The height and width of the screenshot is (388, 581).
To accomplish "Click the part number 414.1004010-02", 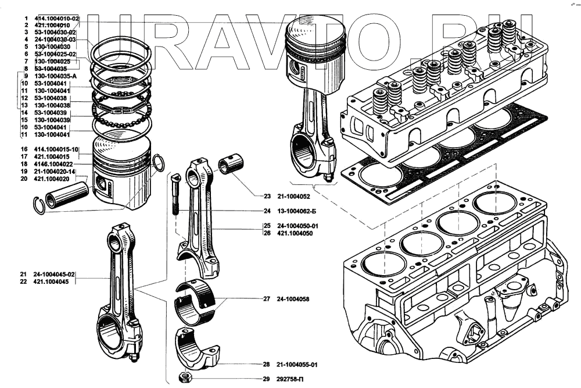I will point(57,19).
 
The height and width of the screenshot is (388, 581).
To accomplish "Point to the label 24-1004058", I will point(293,299).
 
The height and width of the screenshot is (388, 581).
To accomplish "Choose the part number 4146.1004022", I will point(56,165).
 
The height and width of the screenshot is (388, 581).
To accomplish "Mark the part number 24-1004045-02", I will point(55,274).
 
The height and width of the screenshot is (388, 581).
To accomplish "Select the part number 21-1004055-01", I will point(297,365).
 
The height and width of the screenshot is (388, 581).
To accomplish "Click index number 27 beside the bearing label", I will point(267,299).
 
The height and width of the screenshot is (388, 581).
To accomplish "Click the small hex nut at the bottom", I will point(187,379).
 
